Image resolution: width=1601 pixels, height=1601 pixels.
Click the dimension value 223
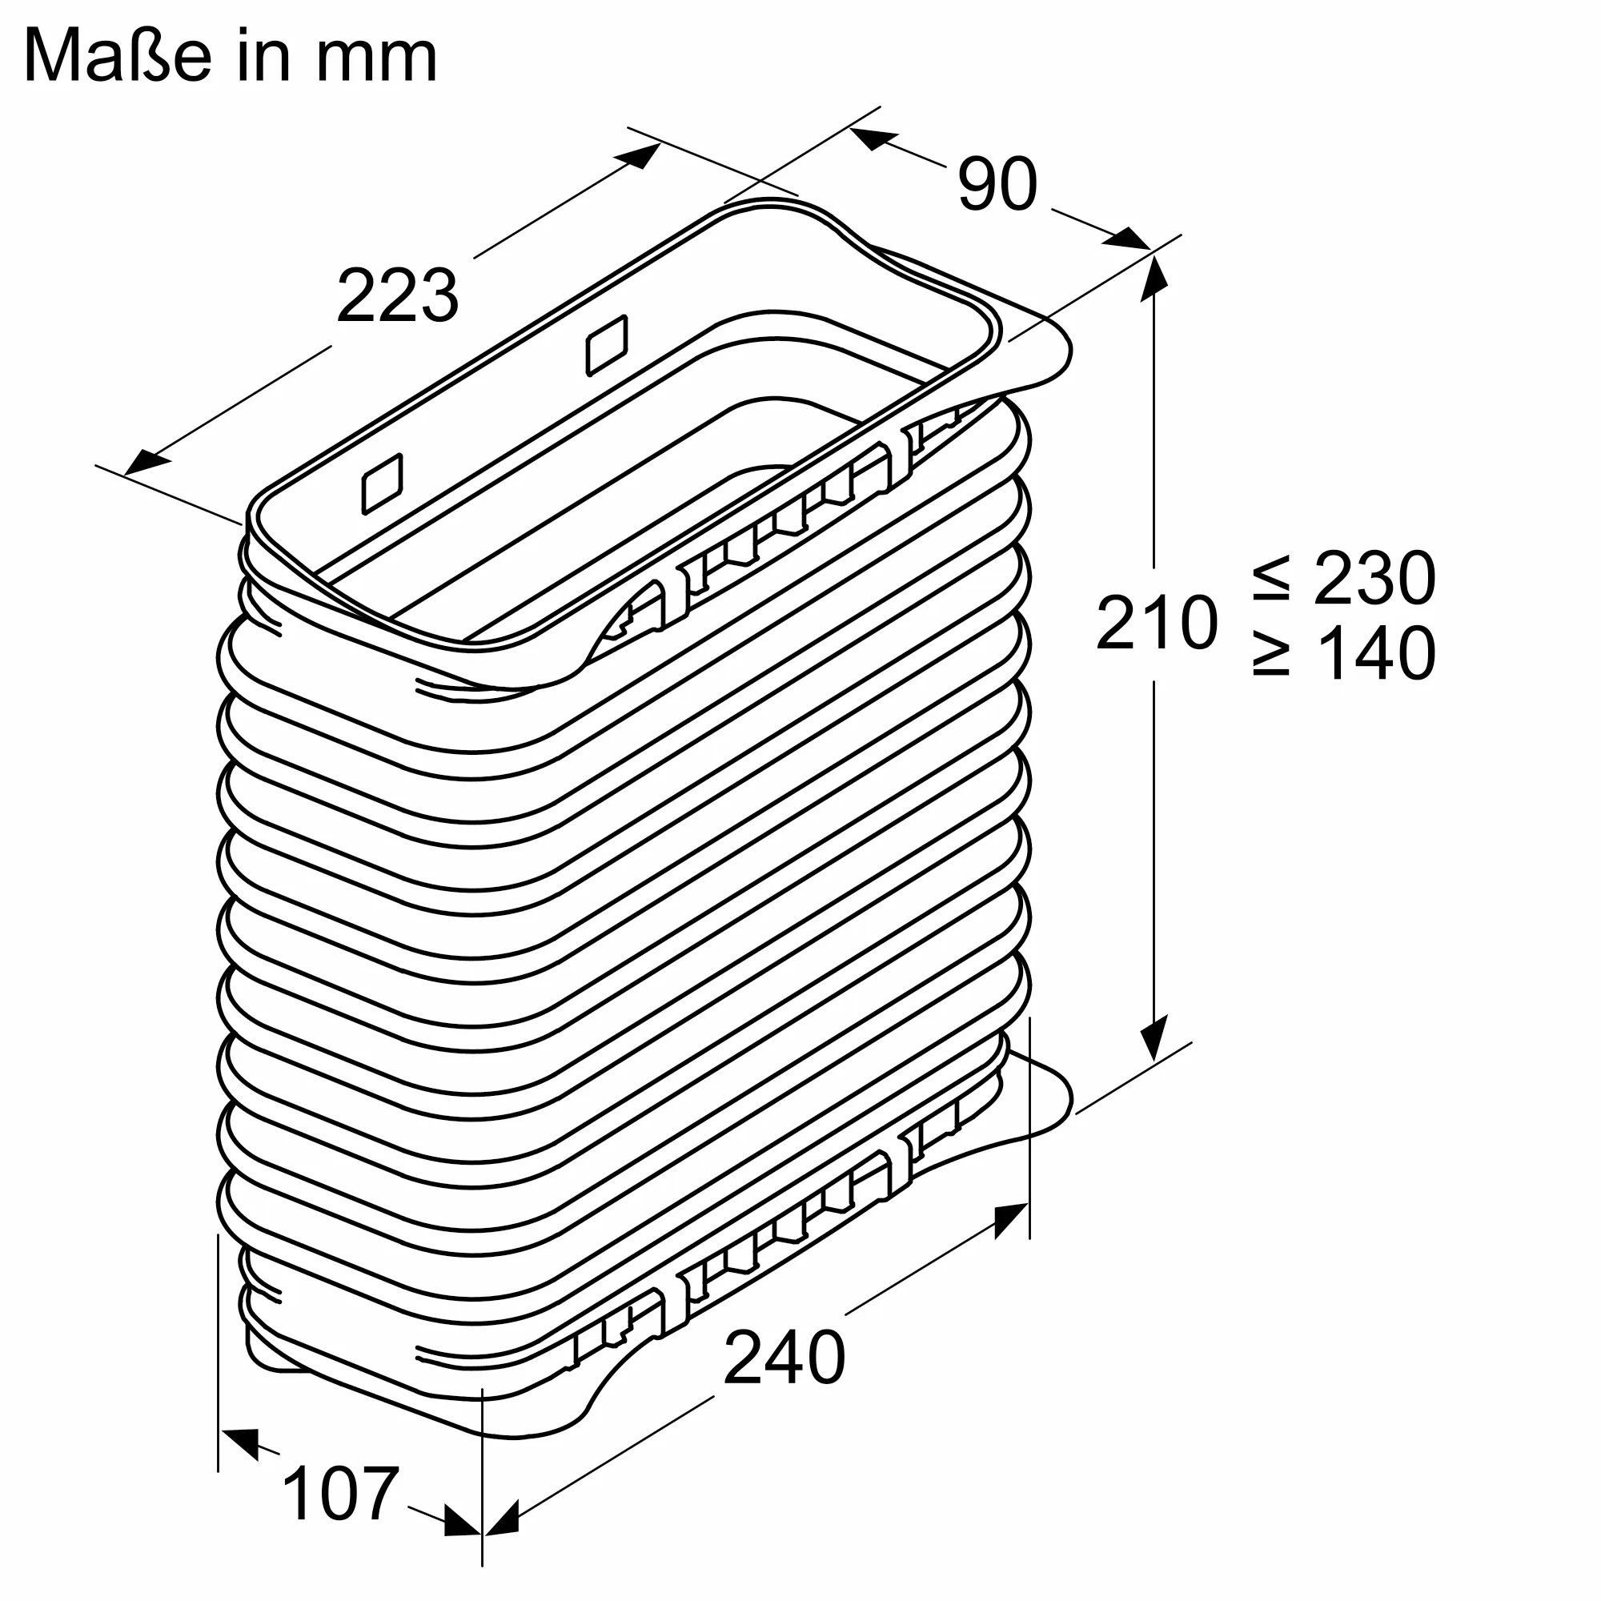click(397, 296)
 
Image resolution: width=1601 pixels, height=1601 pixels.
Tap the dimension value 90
click(997, 185)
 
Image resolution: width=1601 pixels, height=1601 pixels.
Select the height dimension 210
click(1157, 621)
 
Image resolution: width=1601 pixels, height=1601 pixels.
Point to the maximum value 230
click(1374, 579)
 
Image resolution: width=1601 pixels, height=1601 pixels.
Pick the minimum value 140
click(1375, 654)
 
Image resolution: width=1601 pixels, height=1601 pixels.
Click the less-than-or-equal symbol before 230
click(1271, 579)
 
